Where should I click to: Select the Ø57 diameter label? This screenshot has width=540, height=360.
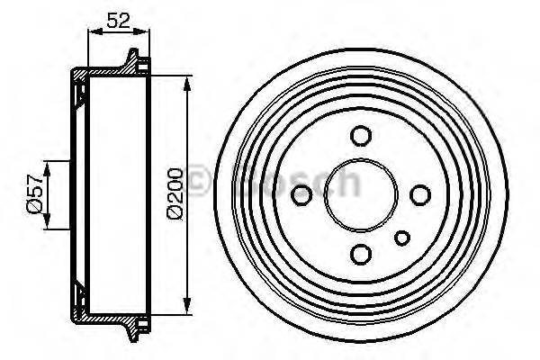click(34, 193)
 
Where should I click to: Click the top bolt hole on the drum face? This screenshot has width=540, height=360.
click(360, 137)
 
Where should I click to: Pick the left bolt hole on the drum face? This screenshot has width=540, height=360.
click(303, 194)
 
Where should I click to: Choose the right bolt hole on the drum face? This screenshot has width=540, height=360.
click(418, 194)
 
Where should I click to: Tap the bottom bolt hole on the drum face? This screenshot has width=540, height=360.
click(360, 253)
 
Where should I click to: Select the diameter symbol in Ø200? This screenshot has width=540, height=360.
click(175, 212)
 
